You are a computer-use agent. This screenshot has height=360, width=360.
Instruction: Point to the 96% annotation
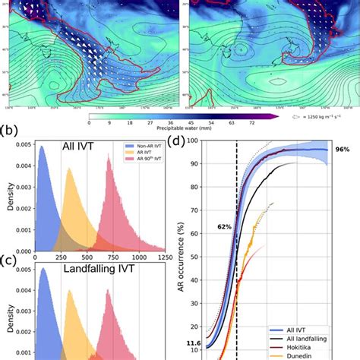click(341, 150)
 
